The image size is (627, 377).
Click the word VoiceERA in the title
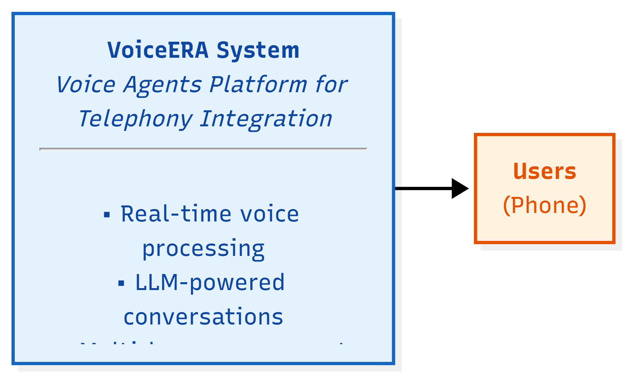point(158,50)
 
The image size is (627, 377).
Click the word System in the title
point(258,50)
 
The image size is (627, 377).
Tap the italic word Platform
point(258,85)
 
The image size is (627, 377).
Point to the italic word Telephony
point(135,119)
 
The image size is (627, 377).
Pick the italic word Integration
point(266,119)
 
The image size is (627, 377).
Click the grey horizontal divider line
point(203,149)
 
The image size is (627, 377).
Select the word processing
point(203,248)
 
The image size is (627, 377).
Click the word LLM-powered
point(210,283)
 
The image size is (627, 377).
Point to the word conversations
point(203,317)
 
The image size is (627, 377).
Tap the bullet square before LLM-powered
point(121,283)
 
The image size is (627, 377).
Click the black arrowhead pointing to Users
point(460,188)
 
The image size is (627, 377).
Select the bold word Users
point(545,171)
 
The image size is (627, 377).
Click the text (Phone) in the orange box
point(545,205)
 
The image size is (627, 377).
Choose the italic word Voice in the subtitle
point(86,85)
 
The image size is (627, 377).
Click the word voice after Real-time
point(269,214)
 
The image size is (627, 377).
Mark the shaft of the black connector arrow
point(423,188)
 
